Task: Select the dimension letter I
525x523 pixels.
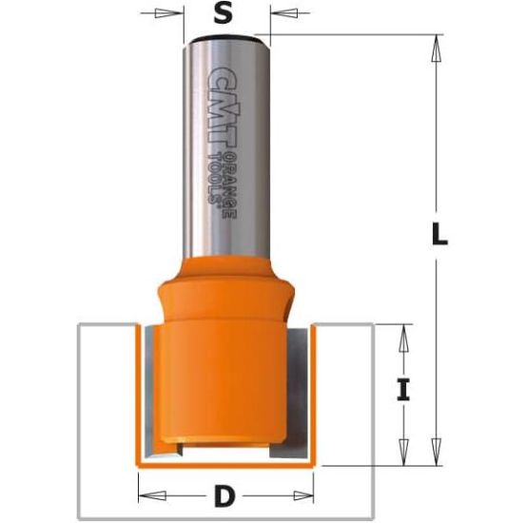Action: tap(403, 390)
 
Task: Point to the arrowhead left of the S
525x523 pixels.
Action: tap(175, 14)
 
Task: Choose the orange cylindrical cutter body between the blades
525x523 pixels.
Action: tap(222, 380)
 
